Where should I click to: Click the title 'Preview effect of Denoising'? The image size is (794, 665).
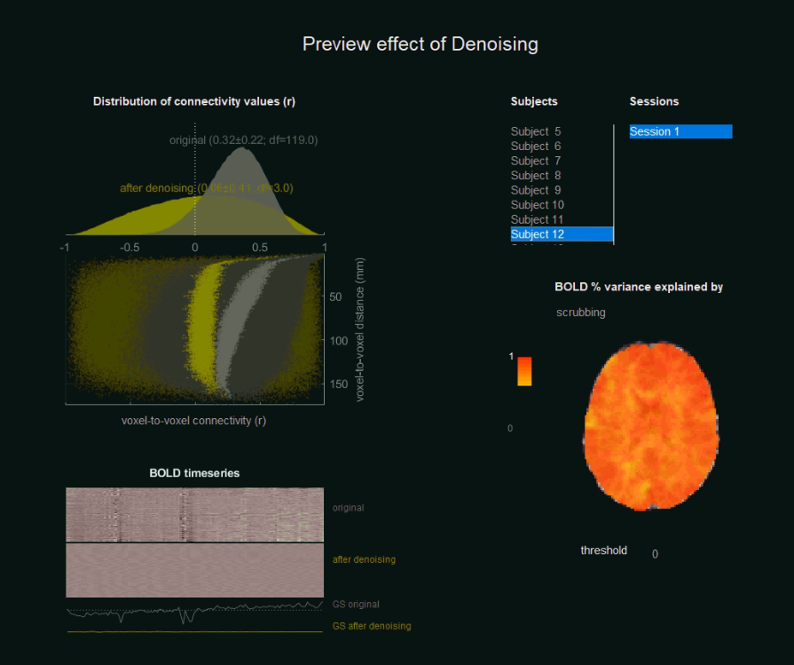tap(420, 44)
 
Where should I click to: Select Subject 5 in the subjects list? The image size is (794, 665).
tap(536, 131)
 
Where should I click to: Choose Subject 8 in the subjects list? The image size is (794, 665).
tap(536, 176)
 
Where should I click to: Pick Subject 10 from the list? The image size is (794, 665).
tap(538, 205)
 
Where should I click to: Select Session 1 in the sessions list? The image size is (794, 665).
tap(680, 131)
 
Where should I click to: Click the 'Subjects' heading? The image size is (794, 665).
tap(534, 101)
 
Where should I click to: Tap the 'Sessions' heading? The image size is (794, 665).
tap(654, 101)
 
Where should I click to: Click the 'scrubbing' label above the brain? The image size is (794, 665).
tap(581, 313)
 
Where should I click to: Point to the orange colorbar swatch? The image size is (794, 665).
tap(524, 371)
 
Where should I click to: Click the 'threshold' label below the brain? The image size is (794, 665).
tap(603, 550)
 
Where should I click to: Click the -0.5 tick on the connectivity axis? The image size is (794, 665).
tap(130, 248)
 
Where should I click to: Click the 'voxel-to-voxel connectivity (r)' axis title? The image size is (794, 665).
tap(193, 421)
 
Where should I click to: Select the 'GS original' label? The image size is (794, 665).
tap(356, 605)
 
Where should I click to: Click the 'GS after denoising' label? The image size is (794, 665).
tap(372, 626)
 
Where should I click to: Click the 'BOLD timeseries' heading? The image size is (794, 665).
tap(194, 473)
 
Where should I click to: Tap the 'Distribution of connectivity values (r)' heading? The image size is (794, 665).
tap(194, 101)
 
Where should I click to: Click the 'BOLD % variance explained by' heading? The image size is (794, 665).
tap(639, 287)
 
